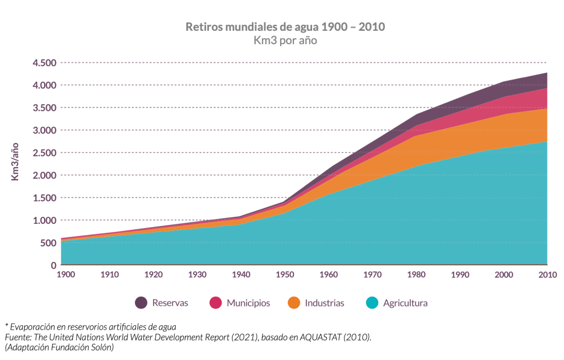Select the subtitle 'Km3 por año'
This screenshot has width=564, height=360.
[284, 40]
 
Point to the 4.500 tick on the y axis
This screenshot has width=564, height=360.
[44, 63]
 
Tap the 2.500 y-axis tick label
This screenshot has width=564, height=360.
[44, 153]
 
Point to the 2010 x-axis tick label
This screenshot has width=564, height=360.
[547, 275]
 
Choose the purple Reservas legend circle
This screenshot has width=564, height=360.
[141, 303]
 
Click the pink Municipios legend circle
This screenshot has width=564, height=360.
[216, 303]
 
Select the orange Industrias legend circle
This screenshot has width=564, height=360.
[294, 303]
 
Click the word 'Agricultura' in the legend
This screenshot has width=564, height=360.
[405, 303]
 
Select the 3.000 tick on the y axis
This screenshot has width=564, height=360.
[44, 130]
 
